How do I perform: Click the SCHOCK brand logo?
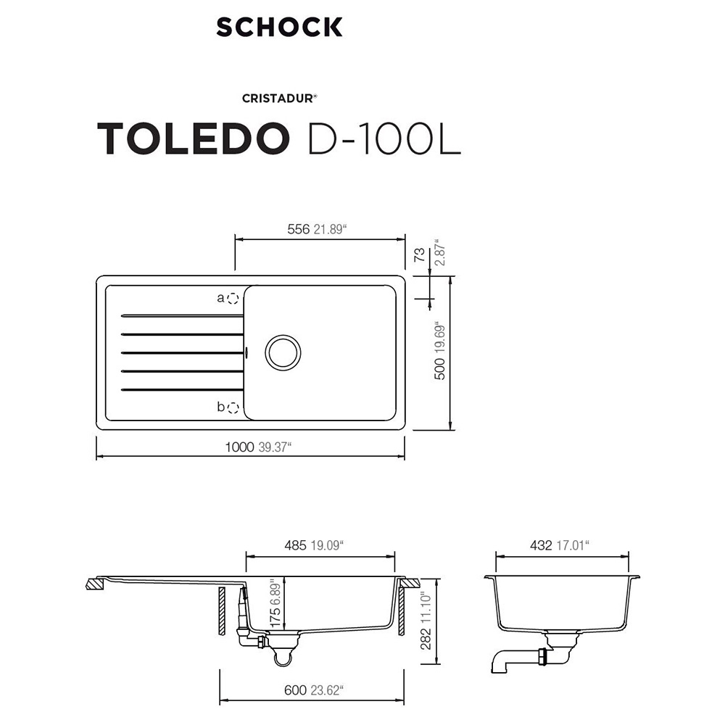point(279,27)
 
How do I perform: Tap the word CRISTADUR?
point(278,99)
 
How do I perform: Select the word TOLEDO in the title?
point(194,138)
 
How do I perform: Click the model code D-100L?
point(384,138)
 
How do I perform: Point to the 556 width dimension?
point(298,229)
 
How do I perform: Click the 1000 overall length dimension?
point(239,447)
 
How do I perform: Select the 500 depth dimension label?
point(440,368)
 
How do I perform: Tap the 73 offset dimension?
point(419,254)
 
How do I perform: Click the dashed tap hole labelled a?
point(233,298)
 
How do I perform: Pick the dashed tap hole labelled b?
point(233,407)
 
